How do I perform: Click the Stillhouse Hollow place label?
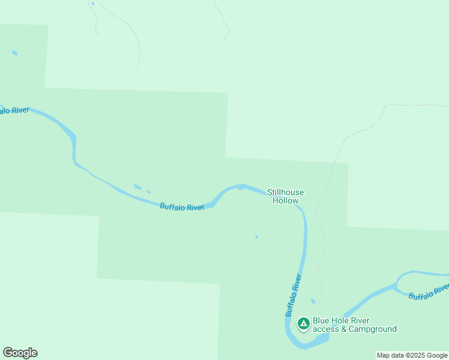[x=285, y=196]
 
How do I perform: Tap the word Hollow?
[x=285, y=200]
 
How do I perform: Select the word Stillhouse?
[x=285, y=192]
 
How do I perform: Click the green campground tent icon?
[x=304, y=325]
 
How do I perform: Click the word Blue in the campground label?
[x=321, y=320]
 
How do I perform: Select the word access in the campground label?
[x=325, y=329]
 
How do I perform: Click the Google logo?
[x=20, y=353]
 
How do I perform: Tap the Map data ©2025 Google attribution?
[x=412, y=355]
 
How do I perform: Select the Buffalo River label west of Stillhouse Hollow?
[x=182, y=207]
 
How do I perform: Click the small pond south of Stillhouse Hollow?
[x=256, y=236]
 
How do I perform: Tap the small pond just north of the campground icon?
[x=313, y=301]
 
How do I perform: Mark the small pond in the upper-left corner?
[x=14, y=53]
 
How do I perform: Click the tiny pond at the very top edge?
[x=92, y=4]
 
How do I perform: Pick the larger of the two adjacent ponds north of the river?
[x=137, y=187]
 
